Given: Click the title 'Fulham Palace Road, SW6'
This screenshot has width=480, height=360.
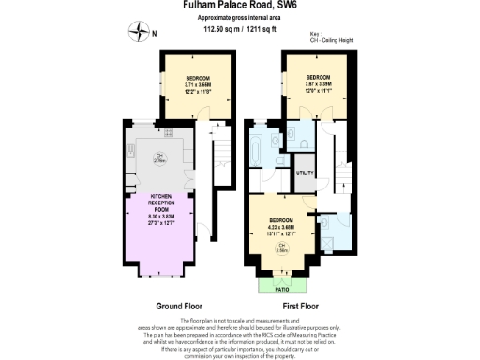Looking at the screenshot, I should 239,6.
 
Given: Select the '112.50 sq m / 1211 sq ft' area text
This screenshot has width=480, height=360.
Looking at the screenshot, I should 239,29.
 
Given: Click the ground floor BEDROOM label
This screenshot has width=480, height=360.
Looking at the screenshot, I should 197,77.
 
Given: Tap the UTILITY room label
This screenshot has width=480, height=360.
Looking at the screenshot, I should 305,173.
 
